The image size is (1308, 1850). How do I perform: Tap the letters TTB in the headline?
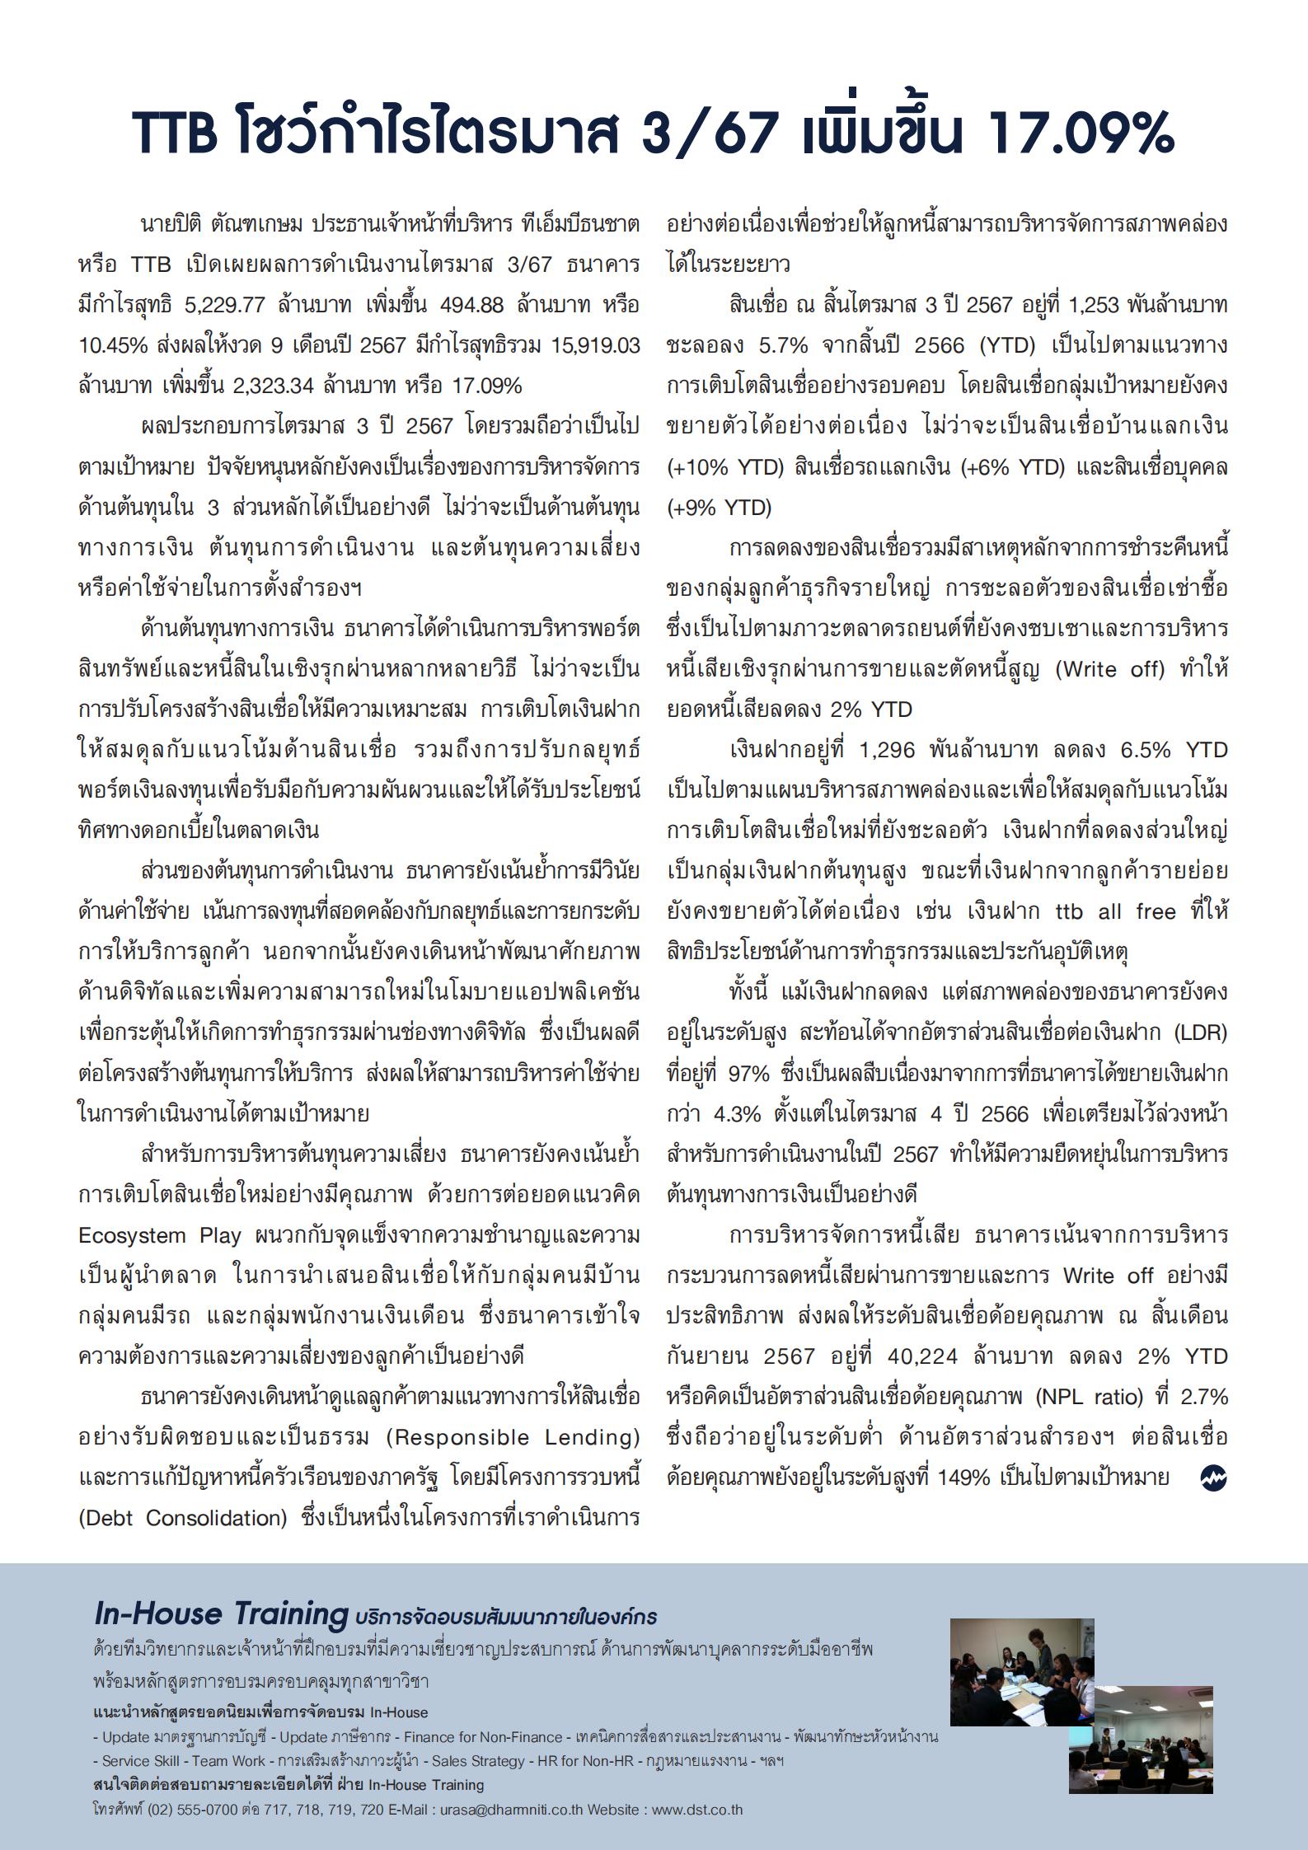coord(176,133)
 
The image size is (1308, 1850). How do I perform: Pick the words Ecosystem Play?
coord(160,1235)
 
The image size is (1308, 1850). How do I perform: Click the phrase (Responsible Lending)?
coord(513,1437)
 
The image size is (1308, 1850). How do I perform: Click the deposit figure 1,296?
coord(887,750)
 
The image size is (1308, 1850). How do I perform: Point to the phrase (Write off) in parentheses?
coord(1110,669)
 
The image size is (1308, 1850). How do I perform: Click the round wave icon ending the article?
coord(1213,1478)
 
